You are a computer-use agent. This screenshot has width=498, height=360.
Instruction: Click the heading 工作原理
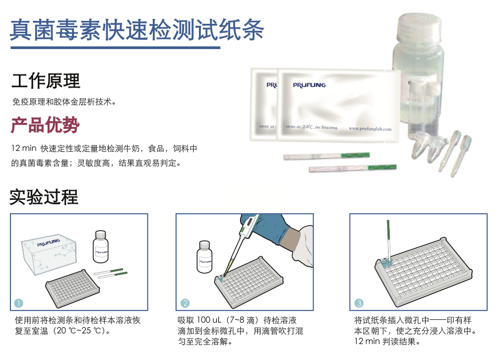tap(46, 81)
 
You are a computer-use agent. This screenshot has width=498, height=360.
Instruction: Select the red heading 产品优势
tap(45, 125)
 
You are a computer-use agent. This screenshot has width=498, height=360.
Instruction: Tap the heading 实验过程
tap(44, 197)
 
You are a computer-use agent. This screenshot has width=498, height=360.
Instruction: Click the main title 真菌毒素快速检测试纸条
tap(137, 30)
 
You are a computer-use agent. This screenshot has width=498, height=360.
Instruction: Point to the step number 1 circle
tap(19, 303)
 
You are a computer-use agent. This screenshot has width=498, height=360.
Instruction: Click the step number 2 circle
tap(185, 303)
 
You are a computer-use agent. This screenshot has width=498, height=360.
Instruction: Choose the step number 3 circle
tap(359, 303)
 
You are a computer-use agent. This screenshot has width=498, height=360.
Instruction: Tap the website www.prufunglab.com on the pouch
tap(370, 128)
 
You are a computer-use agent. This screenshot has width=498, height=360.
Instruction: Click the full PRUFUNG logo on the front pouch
tap(309, 85)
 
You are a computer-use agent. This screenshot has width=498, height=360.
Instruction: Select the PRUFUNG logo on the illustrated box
tap(48, 242)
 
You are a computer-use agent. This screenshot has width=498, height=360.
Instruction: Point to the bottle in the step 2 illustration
tap(204, 257)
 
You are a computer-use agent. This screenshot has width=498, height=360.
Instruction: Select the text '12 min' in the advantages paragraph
tap(24, 148)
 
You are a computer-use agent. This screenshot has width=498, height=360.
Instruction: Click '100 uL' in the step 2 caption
tap(208, 320)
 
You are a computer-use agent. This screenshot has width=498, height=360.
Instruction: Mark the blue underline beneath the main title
tap(115, 48)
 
